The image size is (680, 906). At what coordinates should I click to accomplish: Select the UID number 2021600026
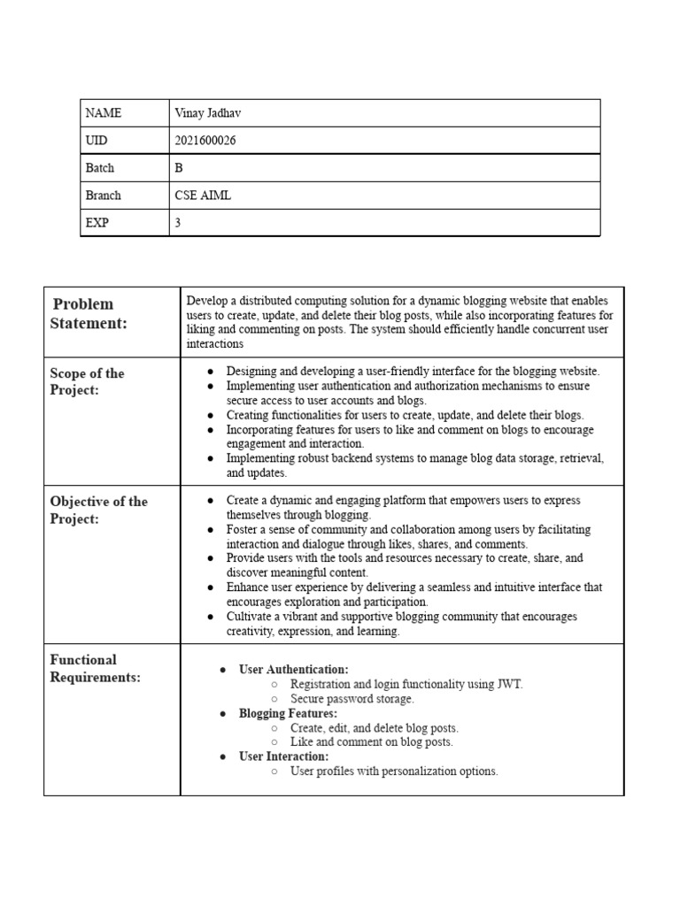[205, 141]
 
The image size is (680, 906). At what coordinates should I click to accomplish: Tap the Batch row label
[100, 168]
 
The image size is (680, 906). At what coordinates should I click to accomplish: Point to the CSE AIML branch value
[203, 196]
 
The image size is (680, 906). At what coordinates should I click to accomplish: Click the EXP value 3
[178, 223]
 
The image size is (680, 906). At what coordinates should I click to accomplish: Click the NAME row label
[104, 113]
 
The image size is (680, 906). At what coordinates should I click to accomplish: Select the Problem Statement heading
[89, 313]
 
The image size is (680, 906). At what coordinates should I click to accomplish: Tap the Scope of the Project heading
[87, 381]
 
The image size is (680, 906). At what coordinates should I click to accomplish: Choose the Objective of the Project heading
[98, 510]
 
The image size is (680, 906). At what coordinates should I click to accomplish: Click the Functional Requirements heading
[96, 668]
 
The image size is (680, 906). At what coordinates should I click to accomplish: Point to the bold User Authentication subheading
[293, 670]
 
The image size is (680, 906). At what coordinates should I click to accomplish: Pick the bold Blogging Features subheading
[288, 713]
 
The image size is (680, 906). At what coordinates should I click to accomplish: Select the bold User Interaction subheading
[283, 756]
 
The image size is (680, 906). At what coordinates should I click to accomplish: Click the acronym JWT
[509, 684]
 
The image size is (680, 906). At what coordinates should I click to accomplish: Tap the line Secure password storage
[352, 699]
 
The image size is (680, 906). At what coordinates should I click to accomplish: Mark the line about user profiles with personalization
[394, 772]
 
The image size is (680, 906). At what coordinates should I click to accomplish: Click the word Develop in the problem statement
[207, 301]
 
